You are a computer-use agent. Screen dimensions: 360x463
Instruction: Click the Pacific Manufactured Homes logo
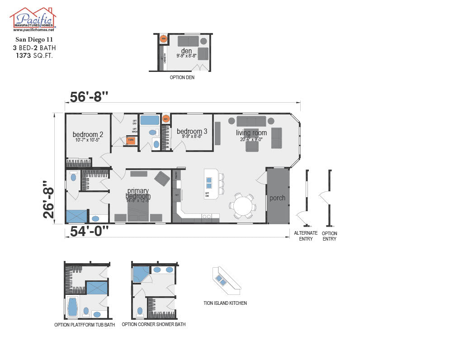pyautogui.click(x=33, y=19)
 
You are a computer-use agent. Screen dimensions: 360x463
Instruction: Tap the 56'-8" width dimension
pyautogui.click(x=89, y=97)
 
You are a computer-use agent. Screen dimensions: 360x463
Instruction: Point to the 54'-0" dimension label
pyautogui.click(x=90, y=231)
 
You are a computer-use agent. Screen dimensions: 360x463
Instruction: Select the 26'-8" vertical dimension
pyautogui.click(x=51, y=200)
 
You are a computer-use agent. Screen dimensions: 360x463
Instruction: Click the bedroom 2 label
pyautogui.click(x=88, y=135)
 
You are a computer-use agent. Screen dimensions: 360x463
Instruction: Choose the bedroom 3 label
pyautogui.click(x=192, y=132)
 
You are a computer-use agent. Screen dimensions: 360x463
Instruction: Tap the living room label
pyautogui.click(x=251, y=133)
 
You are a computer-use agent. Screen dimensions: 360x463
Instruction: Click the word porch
pyautogui.click(x=278, y=198)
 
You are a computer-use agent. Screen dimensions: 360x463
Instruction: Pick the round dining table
pyautogui.click(x=242, y=206)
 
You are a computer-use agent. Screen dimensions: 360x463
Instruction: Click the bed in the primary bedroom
pyautogui.click(x=139, y=210)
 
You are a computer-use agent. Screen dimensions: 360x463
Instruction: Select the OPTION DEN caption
pyautogui.click(x=182, y=77)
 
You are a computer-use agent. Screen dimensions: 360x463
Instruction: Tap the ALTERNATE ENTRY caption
pyautogui.click(x=306, y=236)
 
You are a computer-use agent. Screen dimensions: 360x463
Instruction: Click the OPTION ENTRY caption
pyautogui.click(x=330, y=236)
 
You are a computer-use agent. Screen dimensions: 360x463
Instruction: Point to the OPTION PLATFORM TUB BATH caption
pyautogui.click(x=85, y=325)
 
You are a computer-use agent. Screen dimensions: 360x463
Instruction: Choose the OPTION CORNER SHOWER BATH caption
pyautogui.click(x=153, y=324)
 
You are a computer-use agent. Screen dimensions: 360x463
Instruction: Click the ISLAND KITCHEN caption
pyautogui.click(x=225, y=303)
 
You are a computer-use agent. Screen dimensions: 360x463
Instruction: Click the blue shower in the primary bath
pyautogui.click(x=76, y=216)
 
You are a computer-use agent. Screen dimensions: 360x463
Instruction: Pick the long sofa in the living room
pyautogui.click(x=251, y=121)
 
